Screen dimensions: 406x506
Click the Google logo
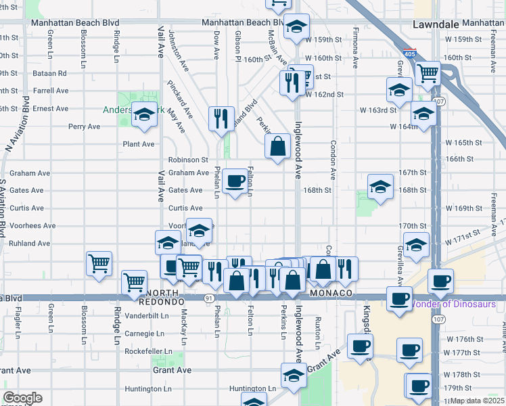tap(22, 398)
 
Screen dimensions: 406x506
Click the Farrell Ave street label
tap(51, 91)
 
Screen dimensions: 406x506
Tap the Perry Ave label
tap(84, 127)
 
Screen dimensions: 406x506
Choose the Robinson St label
tap(188, 160)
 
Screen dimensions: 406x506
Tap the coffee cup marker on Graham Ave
tap(235, 181)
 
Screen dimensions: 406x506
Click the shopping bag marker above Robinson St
tap(277, 145)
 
